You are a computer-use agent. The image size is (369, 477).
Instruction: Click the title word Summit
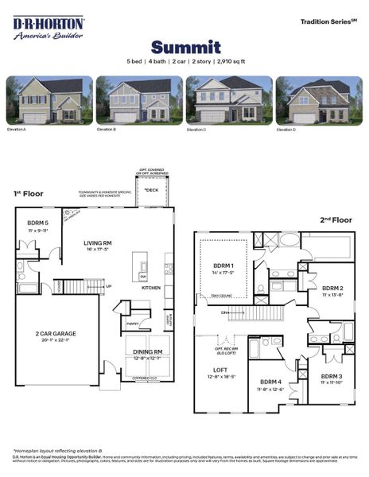pyautogui.click(x=185, y=47)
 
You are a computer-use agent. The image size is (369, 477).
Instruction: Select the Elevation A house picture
pyautogui.click(x=49, y=99)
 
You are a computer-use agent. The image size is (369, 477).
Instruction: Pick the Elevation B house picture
pyautogui.click(x=139, y=99)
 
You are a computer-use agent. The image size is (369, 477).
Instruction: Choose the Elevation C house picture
pyautogui.click(x=229, y=99)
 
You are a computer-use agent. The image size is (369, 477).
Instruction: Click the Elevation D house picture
pyautogui.click(x=318, y=99)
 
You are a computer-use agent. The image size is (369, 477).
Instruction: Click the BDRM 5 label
pyautogui.click(x=38, y=223)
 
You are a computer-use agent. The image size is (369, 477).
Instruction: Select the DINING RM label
pyautogui.click(x=147, y=351)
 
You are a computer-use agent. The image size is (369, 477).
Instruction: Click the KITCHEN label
pyautogui.click(x=151, y=288)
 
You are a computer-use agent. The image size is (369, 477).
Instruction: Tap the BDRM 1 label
pyautogui.click(x=223, y=265)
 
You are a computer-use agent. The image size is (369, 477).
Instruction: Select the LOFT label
pyautogui.click(x=220, y=370)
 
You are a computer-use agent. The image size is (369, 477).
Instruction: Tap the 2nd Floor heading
pyautogui.click(x=336, y=219)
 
